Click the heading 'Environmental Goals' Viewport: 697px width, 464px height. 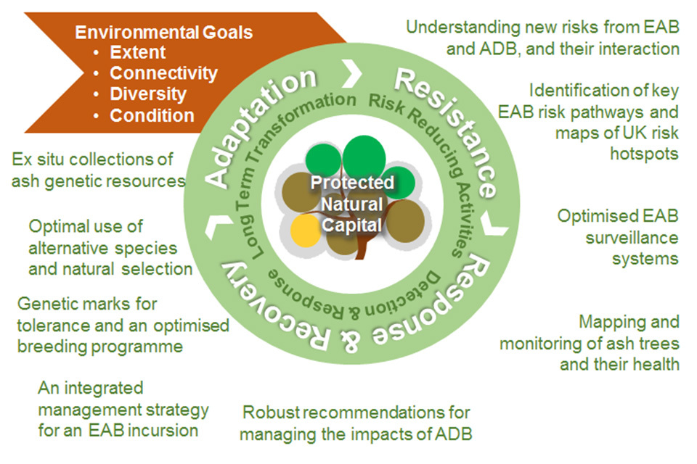pos(164,32)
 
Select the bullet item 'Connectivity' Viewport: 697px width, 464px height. pos(163,73)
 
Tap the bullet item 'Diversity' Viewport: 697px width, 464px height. pos(148,94)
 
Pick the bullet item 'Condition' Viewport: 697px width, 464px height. pos(152,115)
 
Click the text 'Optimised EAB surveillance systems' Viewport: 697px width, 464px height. pos(618,237)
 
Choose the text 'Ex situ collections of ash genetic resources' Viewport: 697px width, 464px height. pos(98,170)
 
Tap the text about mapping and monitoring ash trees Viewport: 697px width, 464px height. pos(590,342)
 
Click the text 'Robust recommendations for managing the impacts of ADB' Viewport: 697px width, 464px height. pos(356,423)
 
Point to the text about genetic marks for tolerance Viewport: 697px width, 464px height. pos(122,325)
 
